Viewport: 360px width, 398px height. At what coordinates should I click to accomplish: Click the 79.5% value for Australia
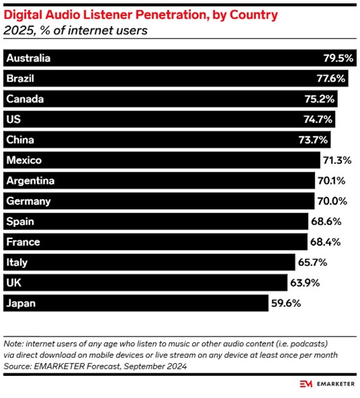click(338, 58)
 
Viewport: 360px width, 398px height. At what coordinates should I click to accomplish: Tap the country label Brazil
click(20, 78)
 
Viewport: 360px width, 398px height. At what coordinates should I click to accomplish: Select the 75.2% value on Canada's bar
click(320, 99)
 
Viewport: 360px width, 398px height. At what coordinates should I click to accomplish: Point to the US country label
click(13, 119)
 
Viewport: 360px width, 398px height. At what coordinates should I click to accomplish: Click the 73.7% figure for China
click(313, 140)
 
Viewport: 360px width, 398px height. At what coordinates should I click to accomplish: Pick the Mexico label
click(24, 160)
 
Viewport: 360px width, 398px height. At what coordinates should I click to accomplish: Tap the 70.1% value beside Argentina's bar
click(332, 180)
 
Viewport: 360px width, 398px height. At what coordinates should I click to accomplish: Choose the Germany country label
click(28, 201)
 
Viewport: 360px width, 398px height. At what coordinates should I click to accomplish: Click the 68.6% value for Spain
click(326, 222)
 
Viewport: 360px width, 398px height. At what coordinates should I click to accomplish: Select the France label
click(23, 242)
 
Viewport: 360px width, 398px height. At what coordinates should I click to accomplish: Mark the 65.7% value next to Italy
click(313, 263)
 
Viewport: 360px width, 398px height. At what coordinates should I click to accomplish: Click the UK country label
click(13, 283)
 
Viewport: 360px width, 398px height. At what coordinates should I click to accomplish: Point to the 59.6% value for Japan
click(286, 303)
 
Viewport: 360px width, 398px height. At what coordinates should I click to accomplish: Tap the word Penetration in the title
click(172, 15)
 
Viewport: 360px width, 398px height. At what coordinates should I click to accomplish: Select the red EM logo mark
click(306, 384)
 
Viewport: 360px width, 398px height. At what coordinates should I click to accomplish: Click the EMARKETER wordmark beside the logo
click(336, 384)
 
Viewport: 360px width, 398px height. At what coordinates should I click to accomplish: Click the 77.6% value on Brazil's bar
click(331, 78)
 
